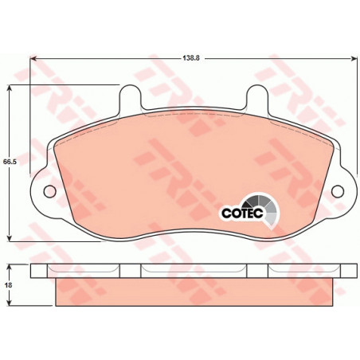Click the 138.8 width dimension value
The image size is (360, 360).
click(x=191, y=58)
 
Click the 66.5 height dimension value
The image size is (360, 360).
click(x=10, y=162)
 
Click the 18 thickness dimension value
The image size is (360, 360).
click(x=9, y=285)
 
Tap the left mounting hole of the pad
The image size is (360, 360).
click(x=49, y=191)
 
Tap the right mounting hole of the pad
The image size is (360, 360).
click(x=338, y=191)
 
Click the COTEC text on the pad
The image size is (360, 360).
click(x=242, y=213)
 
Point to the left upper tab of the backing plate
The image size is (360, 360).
click(x=130, y=97)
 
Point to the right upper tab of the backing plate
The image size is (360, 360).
click(x=257, y=97)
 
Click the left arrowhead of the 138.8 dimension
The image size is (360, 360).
click(x=33, y=58)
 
